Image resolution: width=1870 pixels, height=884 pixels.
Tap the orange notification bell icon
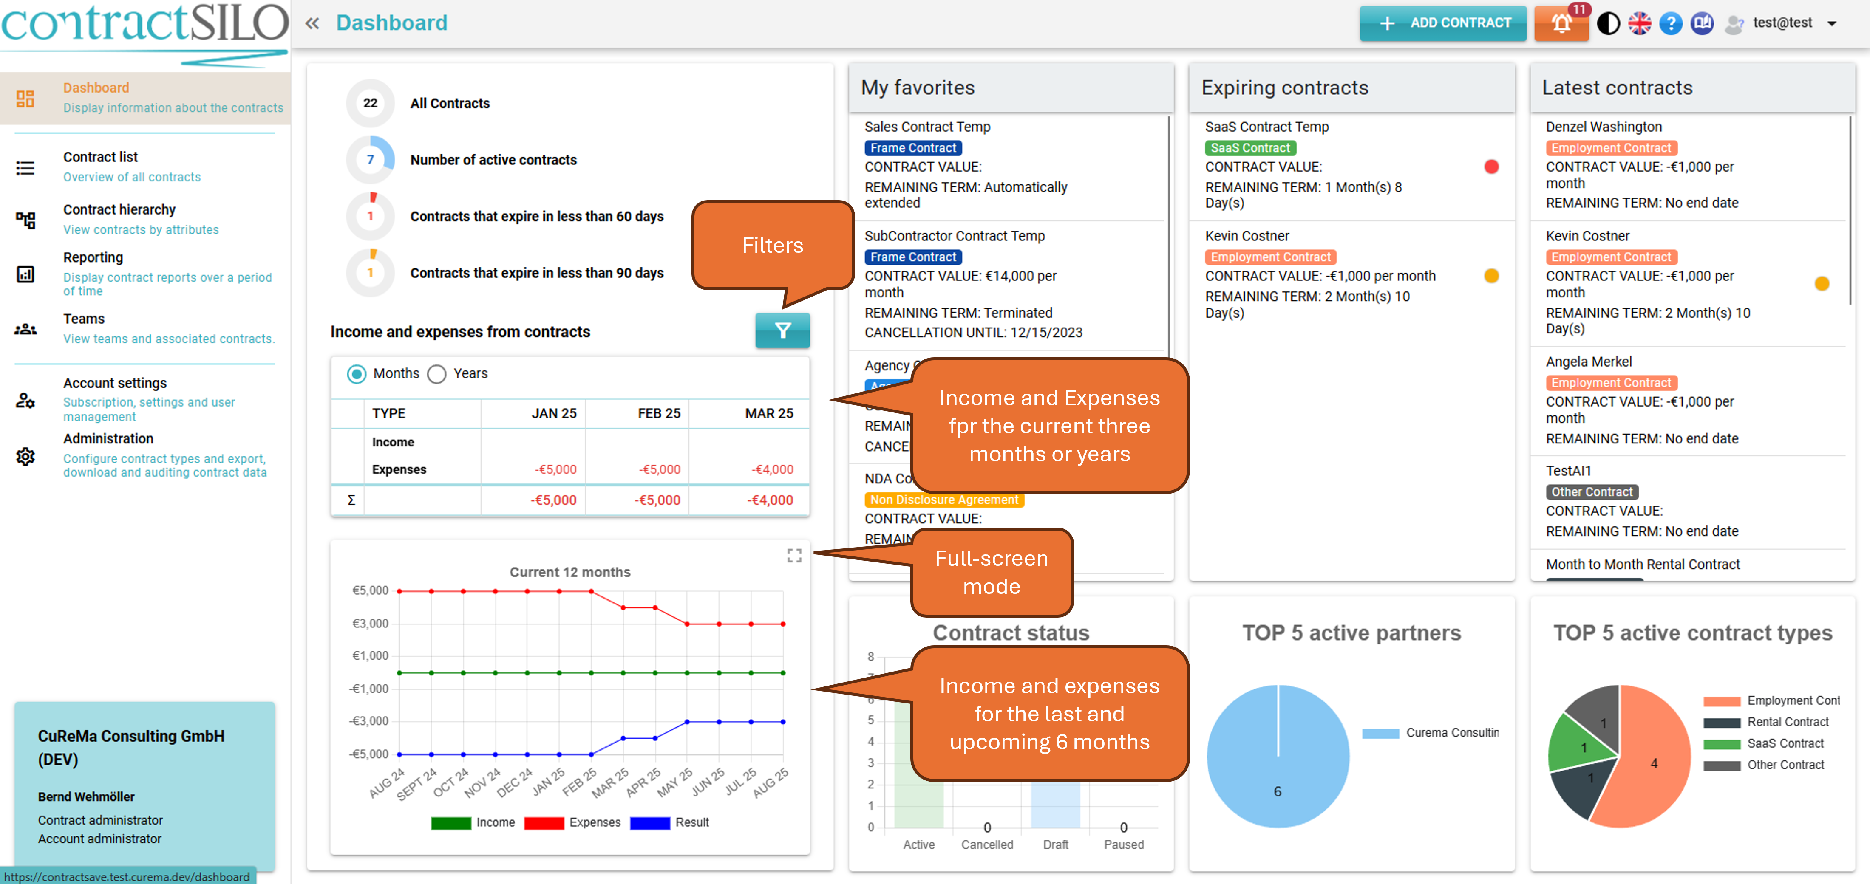(1561, 23)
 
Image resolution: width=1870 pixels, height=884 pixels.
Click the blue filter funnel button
(782, 331)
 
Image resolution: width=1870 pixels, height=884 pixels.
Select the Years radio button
(436, 374)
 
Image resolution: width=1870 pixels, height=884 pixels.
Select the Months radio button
(357, 374)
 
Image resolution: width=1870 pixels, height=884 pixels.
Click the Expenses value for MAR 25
(772, 469)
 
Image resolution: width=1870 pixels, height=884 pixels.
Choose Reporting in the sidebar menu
(93, 258)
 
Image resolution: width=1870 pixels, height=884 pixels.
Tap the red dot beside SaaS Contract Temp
(1491, 167)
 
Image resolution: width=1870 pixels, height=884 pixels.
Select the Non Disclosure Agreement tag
(943, 499)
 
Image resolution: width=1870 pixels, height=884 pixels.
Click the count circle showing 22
(370, 103)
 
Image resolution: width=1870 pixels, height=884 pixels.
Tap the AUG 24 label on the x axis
(386, 783)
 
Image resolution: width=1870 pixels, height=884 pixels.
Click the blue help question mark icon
(1670, 23)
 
